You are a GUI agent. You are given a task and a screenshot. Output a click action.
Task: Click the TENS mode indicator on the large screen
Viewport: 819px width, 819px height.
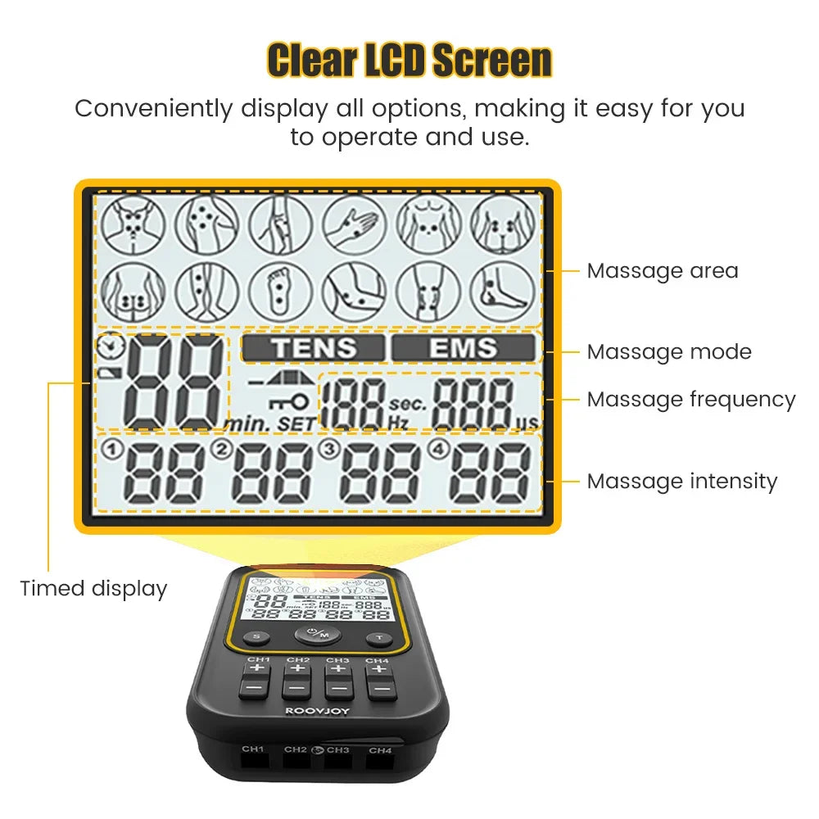tap(314, 348)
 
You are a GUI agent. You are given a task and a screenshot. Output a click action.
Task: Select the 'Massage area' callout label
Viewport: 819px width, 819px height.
tap(663, 271)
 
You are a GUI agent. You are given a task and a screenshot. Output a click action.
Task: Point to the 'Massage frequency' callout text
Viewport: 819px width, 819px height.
tap(690, 400)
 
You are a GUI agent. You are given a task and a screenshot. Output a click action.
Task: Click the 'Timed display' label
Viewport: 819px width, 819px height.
tap(93, 588)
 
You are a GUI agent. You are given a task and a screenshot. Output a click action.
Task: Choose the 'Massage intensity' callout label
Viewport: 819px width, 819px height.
tap(681, 481)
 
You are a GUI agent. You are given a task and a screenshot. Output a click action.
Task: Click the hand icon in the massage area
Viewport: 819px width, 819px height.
tap(354, 224)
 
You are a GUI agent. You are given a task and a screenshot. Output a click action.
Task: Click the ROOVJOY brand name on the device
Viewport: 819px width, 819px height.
tap(315, 712)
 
